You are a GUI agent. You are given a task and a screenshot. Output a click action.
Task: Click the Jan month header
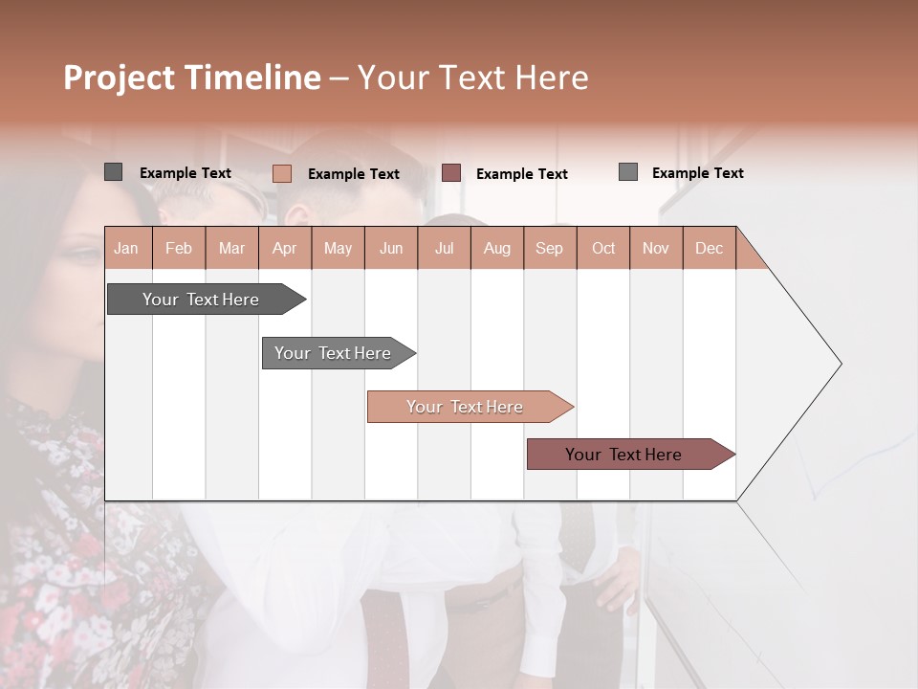126,248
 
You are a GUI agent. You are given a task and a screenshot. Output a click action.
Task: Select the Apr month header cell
284,248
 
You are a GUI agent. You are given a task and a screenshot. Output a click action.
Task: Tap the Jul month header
444,248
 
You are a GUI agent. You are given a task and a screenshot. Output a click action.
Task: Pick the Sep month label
549,248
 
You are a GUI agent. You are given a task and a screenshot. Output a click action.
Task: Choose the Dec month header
709,248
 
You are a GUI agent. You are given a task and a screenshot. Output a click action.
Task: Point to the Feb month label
179,248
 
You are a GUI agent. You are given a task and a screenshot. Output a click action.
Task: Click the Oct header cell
602,248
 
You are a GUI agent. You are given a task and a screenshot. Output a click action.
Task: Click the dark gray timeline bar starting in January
201,300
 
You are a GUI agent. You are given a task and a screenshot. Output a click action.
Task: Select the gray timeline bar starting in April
333,353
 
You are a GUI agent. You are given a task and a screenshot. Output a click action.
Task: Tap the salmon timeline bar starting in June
465,407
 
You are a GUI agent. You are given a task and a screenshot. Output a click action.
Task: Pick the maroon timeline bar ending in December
623,455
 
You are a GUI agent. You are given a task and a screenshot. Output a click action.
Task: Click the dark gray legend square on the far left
113,172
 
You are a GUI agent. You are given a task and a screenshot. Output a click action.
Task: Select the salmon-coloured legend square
281,173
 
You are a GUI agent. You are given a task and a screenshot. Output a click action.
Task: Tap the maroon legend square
451,173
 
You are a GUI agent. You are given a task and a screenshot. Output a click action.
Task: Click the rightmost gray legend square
627,172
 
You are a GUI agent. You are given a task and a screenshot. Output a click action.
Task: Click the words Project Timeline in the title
191,78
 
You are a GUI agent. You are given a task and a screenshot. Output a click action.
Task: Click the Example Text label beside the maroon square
521,174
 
